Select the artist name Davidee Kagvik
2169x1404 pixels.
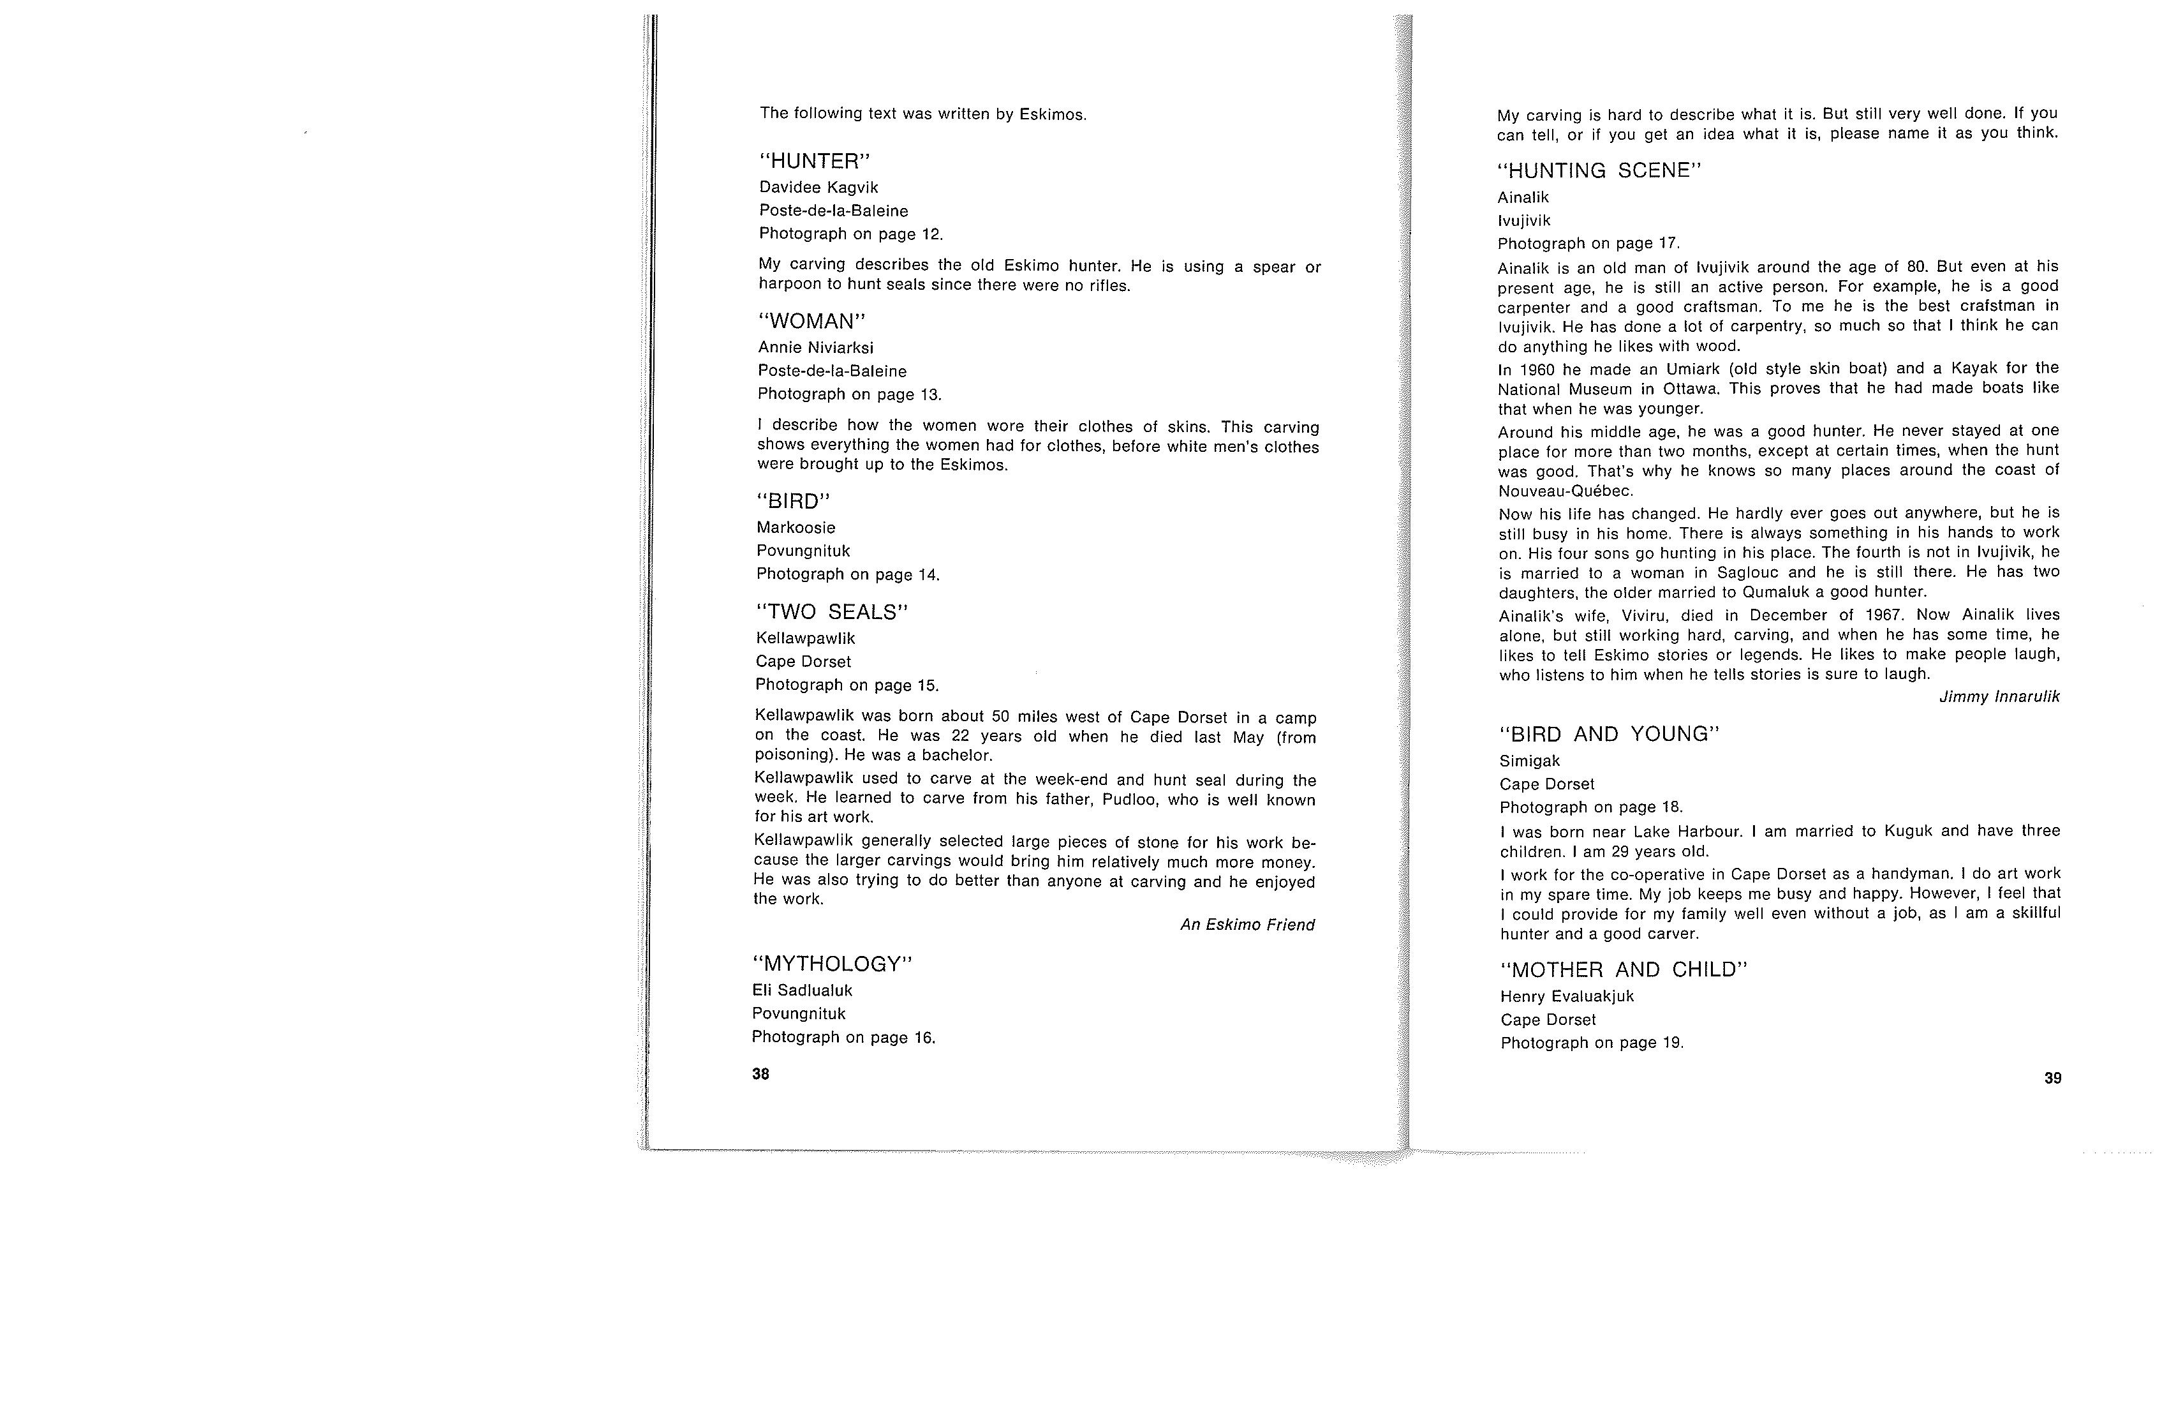818,188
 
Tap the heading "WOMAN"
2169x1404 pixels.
811,322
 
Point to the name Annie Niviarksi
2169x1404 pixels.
816,347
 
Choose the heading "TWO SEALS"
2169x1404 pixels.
832,613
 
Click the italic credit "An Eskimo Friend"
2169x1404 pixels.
1247,925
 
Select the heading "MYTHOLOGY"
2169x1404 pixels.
832,964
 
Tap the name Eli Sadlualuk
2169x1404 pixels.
802,990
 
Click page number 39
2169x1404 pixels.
2052,1078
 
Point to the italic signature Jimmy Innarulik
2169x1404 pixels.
1999,696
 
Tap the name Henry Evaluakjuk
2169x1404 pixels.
1567,996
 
